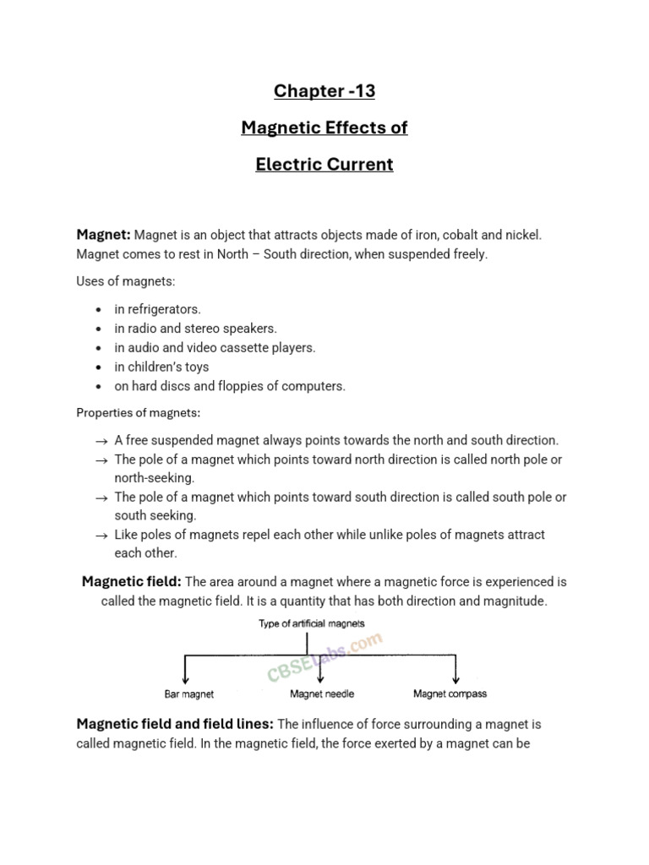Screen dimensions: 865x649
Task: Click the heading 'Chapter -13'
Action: pyautogui.click(x=324, y=90)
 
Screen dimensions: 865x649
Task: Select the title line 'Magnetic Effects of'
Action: pyautogui.click(x=324, y=128)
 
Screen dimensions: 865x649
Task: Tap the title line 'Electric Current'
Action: pyautogui.click(x=324, y=165)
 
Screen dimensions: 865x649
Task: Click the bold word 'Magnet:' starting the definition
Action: pyautogui.click(x=103, y=235)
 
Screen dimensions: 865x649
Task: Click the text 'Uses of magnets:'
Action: pyautogui.click(x=126, y=280)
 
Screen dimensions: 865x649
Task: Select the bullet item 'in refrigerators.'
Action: pyautogui.click(x=158, y=309)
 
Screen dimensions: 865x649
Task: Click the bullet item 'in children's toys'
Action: pyautogui.click(x=161, y=367)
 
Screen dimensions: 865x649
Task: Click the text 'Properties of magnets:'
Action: pyautogui.click(x=139, y=413)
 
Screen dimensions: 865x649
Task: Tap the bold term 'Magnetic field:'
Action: pyautogui.click(x=131, y=582)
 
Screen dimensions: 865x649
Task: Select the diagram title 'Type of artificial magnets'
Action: pyautogui.click(x=312, y=623)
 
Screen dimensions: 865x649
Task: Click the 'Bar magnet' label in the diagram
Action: pyautogui.click(x=188, y=694)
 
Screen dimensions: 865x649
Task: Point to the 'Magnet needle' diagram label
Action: pyautogui.click(x=322, y=694)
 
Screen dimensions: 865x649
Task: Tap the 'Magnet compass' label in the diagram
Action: pyautogui.click(x=450, y=694)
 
